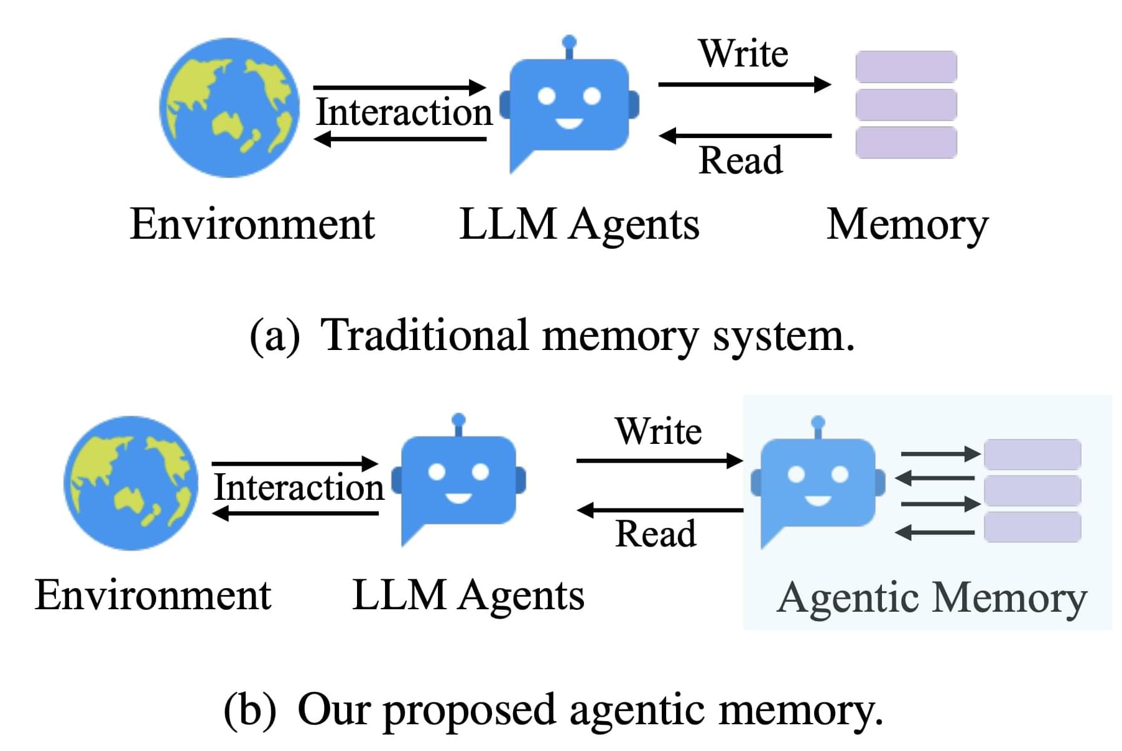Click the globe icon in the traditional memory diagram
(x=229, y=108)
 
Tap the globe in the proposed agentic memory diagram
(x=131, y=483)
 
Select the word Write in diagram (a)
(x=743, y=53)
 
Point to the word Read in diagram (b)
(x=656, y=534)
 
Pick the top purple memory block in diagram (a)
(x=906, y=67)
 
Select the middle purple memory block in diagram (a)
(x=906, y=104)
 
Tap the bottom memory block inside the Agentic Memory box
(x=1032, y=527)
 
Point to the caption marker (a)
(x=274, y=336)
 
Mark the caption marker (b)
(x=249, y=710)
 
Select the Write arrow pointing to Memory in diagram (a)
(x=744, y=84)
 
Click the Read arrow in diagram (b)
(x=660, y=510)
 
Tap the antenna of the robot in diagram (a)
(x=568, y=44)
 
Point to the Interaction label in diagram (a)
(x=404, y=113)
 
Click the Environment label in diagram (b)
(x=153, y=595)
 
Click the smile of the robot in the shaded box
(x=817, y=500)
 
